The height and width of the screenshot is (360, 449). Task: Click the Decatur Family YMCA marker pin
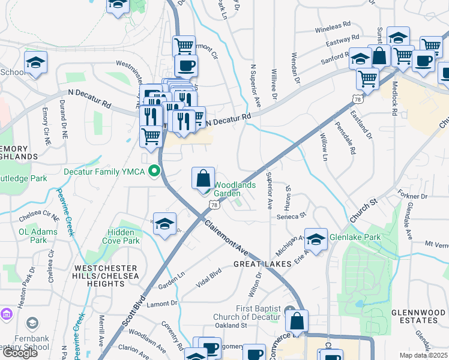[x=154, y=172]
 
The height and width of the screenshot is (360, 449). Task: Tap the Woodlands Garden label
[x=235, y=189]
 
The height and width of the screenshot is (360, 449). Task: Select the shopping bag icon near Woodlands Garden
[x=203, y=178]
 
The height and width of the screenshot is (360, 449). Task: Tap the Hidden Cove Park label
[x=124, y=236]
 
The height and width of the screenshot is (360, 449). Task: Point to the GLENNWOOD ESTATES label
[x=414, y=317]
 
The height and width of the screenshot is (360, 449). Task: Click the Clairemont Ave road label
[x=226, y=236]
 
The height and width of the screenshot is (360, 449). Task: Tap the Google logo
[x=20, y=353]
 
